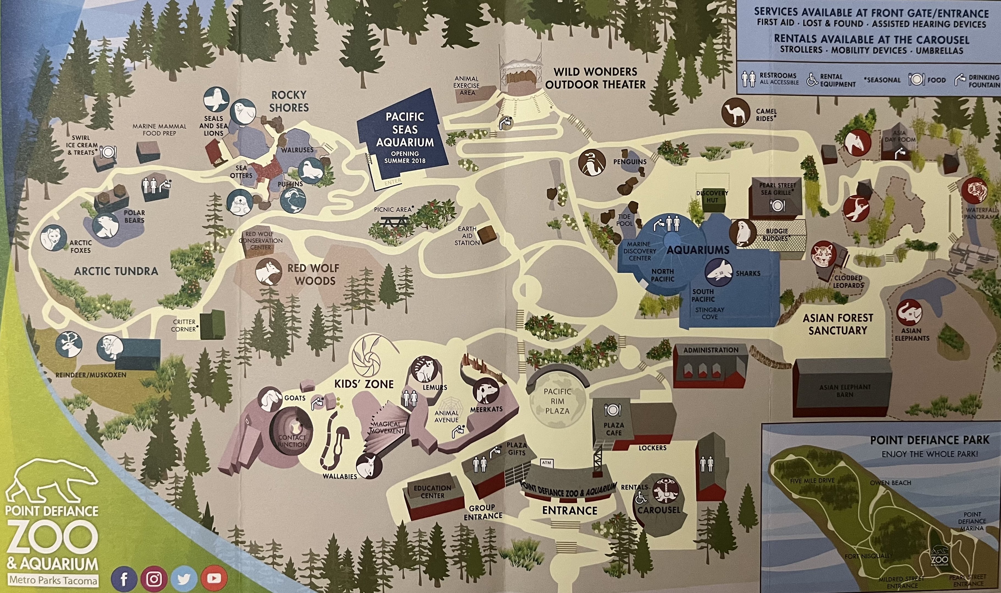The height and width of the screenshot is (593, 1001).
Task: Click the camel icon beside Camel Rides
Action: point(736,112)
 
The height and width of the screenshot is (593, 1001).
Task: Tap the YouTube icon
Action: point(214,578)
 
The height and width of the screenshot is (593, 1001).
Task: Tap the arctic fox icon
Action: point(53,238)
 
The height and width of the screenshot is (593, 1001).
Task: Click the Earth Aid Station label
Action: point(467,236)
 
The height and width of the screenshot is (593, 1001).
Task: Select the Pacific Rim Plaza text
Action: point(557,401)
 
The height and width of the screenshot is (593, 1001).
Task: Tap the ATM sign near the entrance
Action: point(546,463)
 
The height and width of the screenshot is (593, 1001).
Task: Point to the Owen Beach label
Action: point(890,483)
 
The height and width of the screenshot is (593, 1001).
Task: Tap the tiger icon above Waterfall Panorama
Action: point(977,190)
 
